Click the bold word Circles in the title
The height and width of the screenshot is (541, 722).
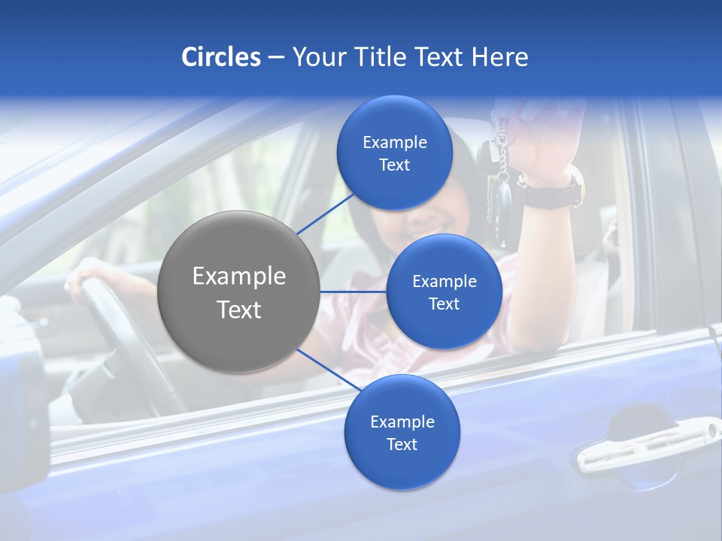[220, 56]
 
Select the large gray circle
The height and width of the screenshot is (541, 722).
[239, 292]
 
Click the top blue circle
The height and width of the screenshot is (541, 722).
[394, 153]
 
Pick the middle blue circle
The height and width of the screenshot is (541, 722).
[444, 292]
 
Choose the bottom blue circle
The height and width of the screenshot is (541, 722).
[402, 432]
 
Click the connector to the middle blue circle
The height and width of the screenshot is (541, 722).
[353, 292]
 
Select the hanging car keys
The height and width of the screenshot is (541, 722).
[499, 177]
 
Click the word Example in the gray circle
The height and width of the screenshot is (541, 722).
[239, 277]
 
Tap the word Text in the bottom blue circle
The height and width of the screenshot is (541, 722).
[402, 444]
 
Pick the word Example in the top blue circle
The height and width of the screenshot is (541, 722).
[394, 142]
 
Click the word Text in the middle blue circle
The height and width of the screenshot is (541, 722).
[444, 304]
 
